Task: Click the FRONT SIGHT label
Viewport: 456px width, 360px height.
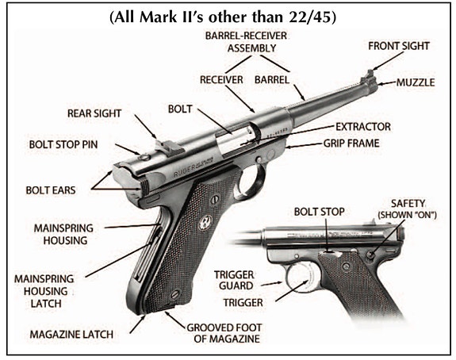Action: click(399, 46)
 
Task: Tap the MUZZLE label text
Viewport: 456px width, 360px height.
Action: click(416, 82)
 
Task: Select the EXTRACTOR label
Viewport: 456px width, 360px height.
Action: click(363, 127)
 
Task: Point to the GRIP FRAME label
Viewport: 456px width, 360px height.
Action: click(351, 144)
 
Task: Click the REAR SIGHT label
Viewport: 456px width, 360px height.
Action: click(94, 113)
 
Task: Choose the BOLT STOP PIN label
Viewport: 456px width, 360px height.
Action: click(63, 144)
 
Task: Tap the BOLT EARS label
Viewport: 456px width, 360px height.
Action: click(51, 190)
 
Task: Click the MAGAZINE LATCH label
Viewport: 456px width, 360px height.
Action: click(71, 335)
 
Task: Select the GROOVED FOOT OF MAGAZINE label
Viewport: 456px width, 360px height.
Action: click(224, 333)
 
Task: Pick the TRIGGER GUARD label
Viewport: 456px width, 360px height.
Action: click(235, 281)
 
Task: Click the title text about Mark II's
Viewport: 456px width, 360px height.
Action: click(223, 17)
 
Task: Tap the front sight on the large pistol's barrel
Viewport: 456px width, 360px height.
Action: click(369, 74)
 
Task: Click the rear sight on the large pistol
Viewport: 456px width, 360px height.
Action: click(169, 146)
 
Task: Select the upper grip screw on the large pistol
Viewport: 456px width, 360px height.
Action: click(215, 199)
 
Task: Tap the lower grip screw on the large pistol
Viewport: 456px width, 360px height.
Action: click(175, 294)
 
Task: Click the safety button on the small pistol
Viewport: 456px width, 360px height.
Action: click(370, 255)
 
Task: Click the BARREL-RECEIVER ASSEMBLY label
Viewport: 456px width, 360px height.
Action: click(246, 42)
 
